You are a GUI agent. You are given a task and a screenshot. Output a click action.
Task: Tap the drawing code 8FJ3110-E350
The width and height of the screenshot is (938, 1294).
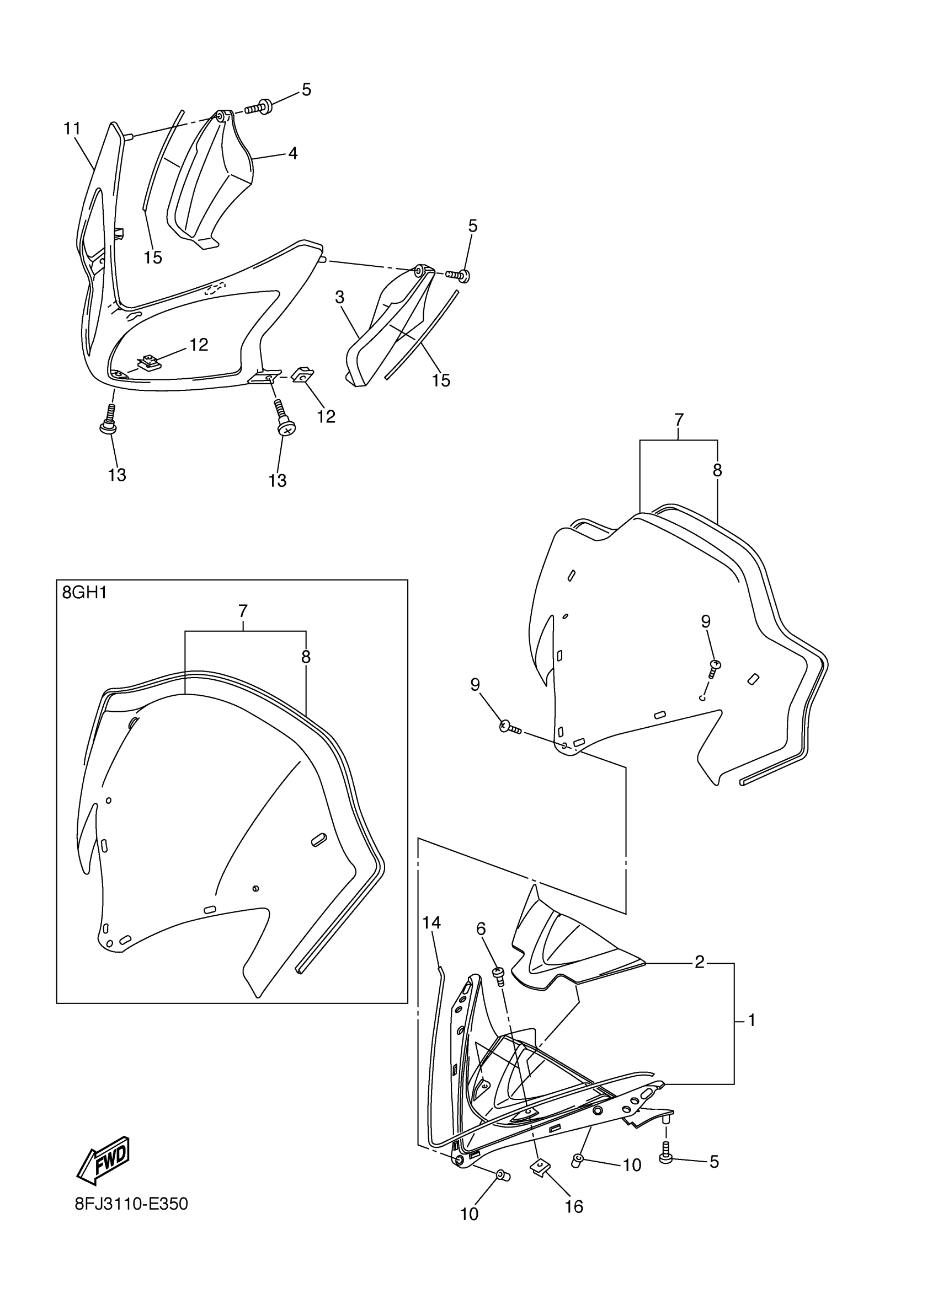pos(131,1205)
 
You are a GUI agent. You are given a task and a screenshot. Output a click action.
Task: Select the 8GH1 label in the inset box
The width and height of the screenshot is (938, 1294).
pos(84,593)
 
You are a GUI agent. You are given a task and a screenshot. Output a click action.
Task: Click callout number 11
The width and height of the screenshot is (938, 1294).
pos(72,129)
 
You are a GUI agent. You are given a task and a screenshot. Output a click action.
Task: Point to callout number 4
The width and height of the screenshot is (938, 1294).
pos(292,153)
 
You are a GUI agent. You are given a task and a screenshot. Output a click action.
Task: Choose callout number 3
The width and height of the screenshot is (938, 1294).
pos(340,297)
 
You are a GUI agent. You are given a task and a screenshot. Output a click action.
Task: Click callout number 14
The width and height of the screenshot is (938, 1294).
pos(431,922)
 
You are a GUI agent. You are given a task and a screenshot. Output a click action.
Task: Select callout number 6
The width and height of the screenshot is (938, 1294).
pos(481,929)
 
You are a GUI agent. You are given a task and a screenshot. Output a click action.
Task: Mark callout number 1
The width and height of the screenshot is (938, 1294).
pos(752,1020)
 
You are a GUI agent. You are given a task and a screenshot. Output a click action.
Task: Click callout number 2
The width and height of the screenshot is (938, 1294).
pos(699,963)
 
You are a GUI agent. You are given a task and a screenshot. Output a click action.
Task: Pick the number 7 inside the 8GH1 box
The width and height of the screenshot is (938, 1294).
pos(243,611)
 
